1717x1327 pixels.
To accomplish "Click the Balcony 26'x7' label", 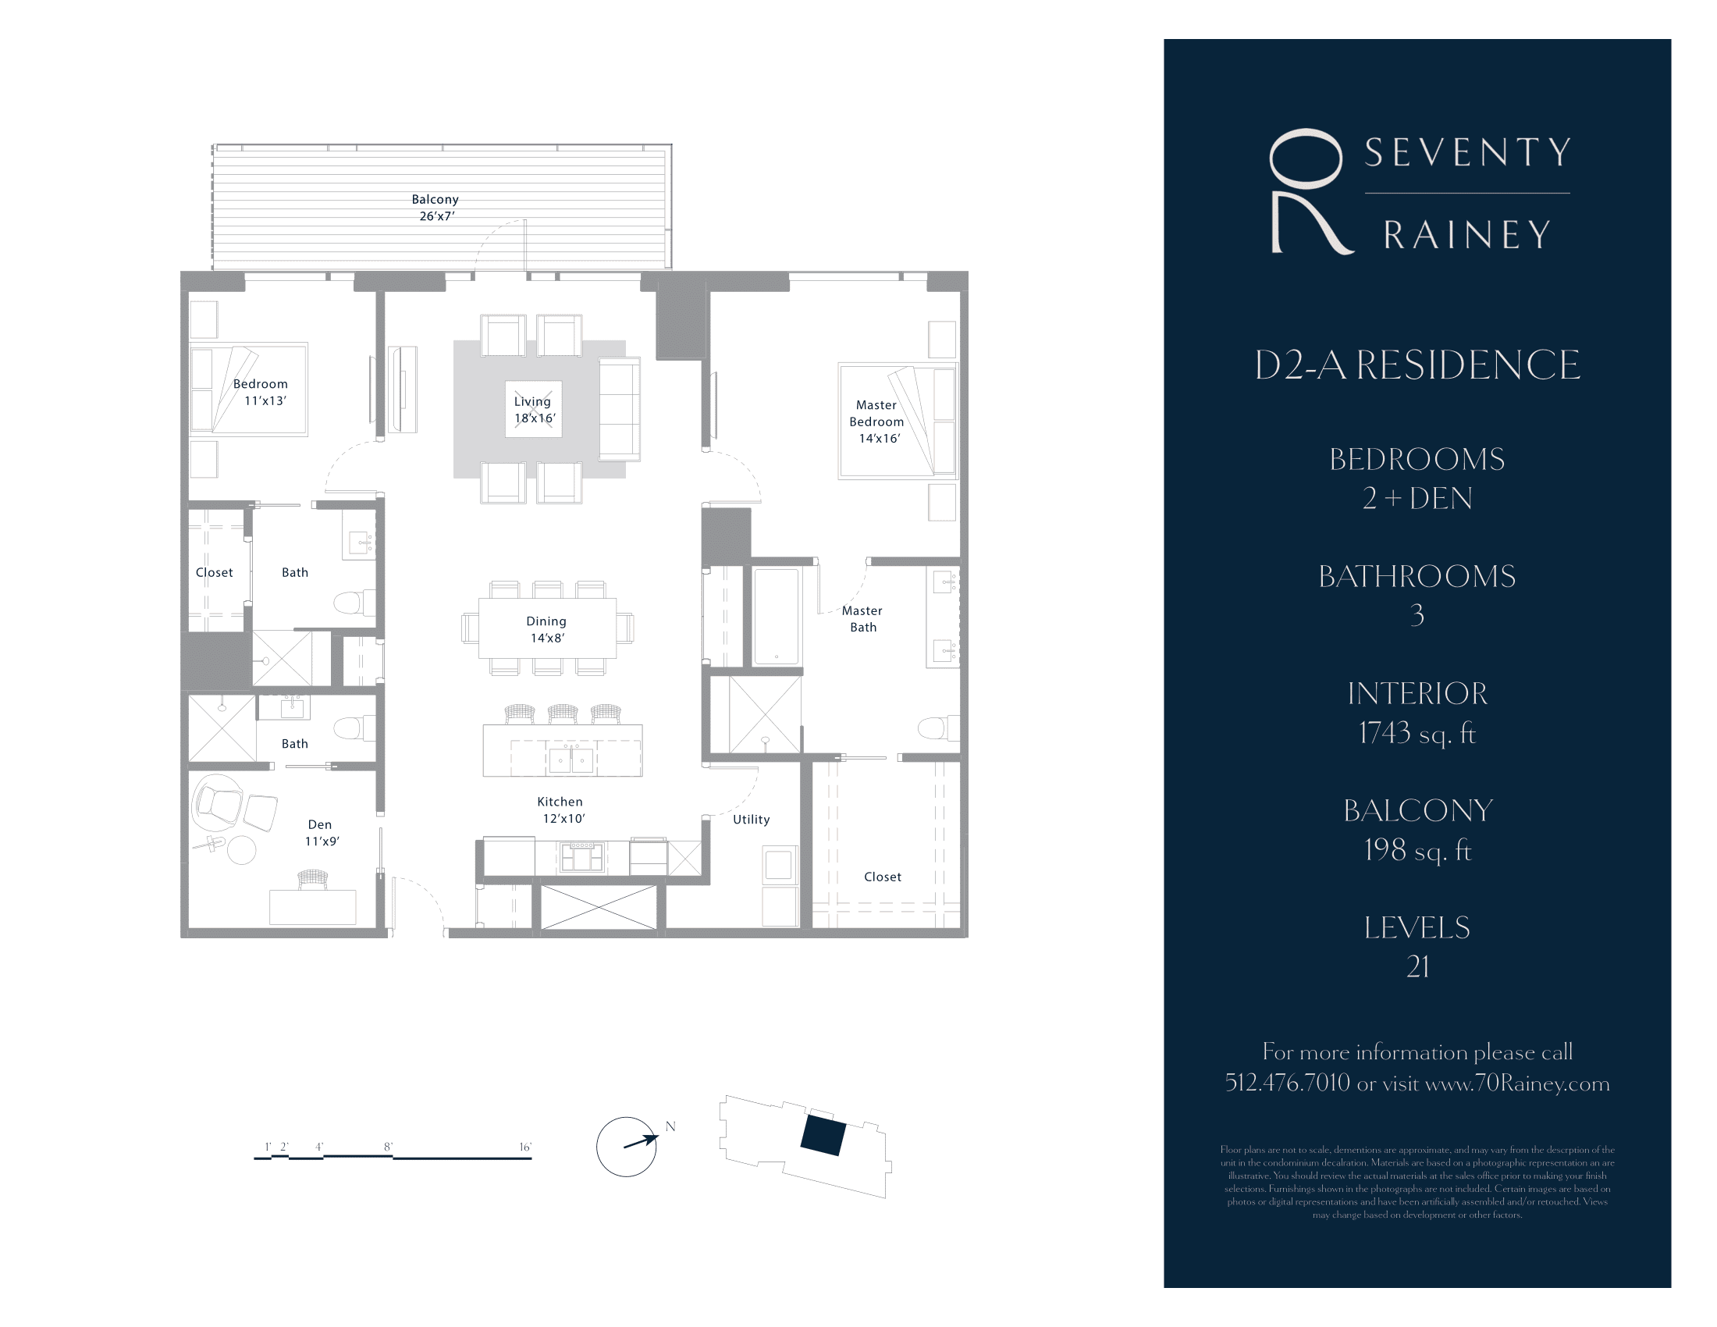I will click(x=435, y=208).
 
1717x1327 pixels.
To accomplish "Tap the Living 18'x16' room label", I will click(x=534, y=410).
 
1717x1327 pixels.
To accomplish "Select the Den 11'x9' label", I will click(x=321, y=833).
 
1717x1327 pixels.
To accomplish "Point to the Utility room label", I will click(x=751, y=819).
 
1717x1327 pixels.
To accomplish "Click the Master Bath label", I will click(x=862, y=619).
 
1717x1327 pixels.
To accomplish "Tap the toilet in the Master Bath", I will click(x=938, y=728).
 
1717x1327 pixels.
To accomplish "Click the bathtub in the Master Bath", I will click(x=776, y=617).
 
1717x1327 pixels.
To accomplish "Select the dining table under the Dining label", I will click(x=547, y=629).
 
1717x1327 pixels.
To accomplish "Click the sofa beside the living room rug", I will click(x=619, y=409).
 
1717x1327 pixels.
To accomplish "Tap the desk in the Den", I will click(x=312, y=906).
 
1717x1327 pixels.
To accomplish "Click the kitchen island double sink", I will click(x=571, y=760).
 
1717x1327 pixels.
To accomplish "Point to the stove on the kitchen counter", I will click(x=581, y=857).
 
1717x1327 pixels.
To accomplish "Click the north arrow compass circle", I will click(x=626, y=1147).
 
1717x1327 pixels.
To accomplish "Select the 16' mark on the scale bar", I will click(x=525, y=1147).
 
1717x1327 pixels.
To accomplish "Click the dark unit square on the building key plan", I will click(x=823, y=1135).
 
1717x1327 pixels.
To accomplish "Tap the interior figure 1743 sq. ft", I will click(x=1417, y=733).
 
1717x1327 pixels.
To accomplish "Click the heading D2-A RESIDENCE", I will click(x=1417, y=365).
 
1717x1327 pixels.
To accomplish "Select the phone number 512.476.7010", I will click(x=1287, y=1083).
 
